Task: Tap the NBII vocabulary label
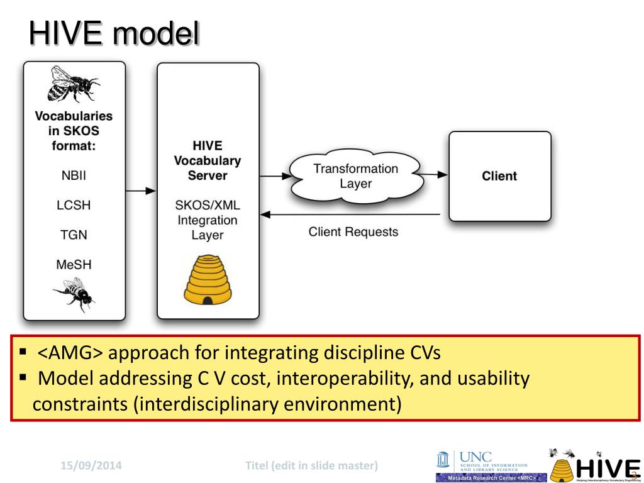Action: coord(74,175)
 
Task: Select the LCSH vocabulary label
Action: coord(74,206)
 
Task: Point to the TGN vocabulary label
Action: coord(74,235)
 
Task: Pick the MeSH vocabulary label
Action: coord(74,265)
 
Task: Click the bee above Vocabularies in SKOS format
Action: coord(73,84)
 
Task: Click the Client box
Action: coord(499,176)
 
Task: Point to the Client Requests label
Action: coord(353,232)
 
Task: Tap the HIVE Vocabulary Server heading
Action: coord(208,160)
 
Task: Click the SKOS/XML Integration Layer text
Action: coord(208,220)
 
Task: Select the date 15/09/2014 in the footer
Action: coord(91,466)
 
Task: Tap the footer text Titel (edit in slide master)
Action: coord(311,466)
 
